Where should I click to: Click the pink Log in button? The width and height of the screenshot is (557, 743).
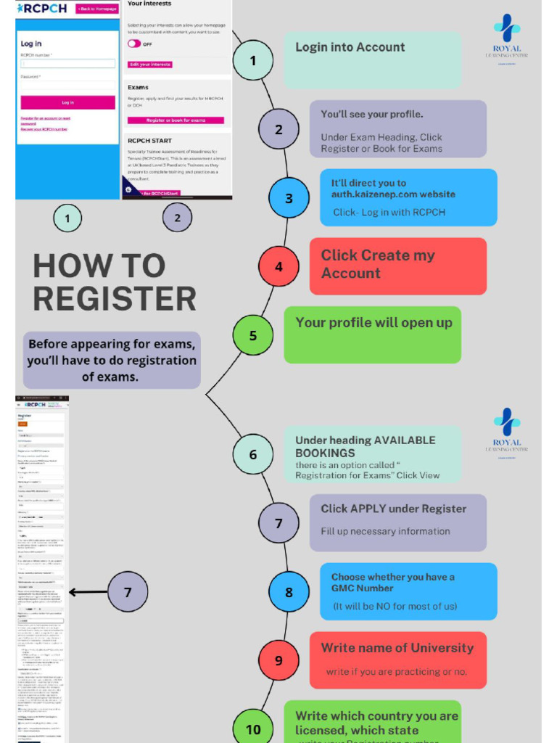click(67, 102)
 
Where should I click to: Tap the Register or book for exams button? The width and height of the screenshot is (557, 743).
click(176, 120)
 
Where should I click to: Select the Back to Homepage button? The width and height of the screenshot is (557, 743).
click(96, 8)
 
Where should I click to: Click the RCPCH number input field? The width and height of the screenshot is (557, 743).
click(67, 63)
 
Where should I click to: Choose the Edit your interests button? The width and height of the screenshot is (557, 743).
click(150, 65)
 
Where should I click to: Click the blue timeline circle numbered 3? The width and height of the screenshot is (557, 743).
click(289, 198)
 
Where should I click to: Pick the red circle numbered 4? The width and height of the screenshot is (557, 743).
click(278, 266)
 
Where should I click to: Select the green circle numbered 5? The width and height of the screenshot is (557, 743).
click(253, 335)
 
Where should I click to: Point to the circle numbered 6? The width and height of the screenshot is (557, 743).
click(253, 455)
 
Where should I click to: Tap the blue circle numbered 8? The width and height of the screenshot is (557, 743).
click(289, 592)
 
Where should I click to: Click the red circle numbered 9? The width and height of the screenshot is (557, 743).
click(278, 660)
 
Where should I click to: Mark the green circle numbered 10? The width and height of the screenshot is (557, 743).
click(253, 728)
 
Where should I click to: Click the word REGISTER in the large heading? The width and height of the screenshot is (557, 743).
click(115, 298)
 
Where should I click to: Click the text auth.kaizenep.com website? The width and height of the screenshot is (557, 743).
click(393, 194)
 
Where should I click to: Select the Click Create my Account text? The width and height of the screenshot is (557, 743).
click(378, 264)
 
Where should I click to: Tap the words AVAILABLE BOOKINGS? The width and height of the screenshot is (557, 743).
click(364, 446)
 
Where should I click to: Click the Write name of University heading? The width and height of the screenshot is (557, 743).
click(397, 648)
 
